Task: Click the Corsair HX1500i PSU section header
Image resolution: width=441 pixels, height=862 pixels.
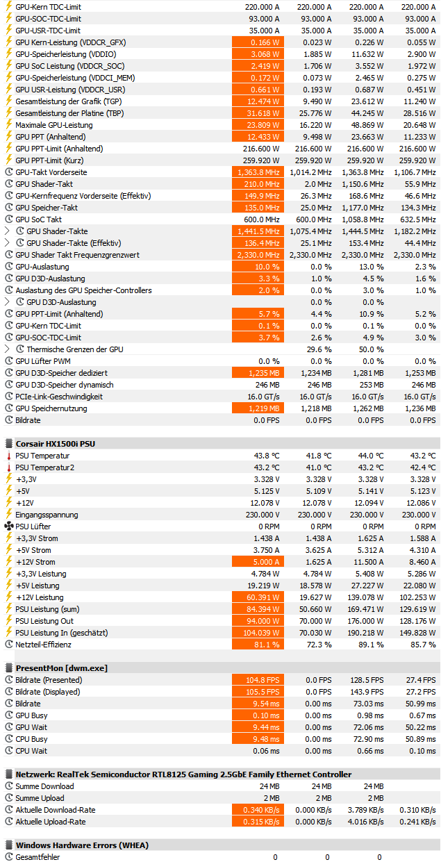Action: point(55,443)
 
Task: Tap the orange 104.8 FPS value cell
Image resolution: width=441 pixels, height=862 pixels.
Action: point(258,680)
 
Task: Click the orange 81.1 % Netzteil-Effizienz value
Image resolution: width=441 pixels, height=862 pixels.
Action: point(258,645)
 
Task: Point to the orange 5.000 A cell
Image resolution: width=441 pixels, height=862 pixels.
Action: point(258,562)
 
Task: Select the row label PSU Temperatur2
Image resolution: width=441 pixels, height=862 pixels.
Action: point(44,467)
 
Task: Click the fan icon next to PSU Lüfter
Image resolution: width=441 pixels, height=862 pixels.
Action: point(8,527)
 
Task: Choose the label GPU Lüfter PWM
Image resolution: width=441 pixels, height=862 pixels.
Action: point(43,361)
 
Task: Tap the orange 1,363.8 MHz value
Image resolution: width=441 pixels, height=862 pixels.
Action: point(258,172)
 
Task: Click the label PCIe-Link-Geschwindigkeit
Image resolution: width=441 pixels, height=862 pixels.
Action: point(59,397)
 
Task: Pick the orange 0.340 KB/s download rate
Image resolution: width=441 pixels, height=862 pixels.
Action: point(258,810)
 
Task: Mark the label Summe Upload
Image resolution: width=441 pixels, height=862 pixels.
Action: point(40,798)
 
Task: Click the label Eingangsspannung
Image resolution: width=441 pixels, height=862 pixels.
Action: point(47,515)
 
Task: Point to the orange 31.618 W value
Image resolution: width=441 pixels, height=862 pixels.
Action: point(258,113)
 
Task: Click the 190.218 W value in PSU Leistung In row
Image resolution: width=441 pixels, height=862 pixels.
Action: point(363,633)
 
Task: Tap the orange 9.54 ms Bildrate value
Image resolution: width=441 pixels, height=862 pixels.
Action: point(258,704)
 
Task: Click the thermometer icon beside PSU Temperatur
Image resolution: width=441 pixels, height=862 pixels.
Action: point(8,456)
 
